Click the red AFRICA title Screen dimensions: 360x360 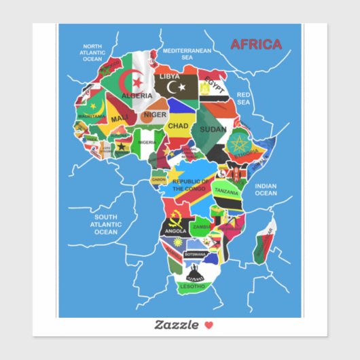click(256, 45)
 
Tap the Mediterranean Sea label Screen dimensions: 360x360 click(187, 54)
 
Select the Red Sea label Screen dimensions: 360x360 click(244, 98)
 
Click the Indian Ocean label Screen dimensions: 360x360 click(266, 189)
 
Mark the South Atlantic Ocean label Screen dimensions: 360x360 click(106, 224)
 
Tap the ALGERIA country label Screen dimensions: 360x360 click(137, 96)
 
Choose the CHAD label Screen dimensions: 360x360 click(178, 126)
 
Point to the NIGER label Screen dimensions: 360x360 click(155, 115)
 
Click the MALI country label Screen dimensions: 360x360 click(120, 118)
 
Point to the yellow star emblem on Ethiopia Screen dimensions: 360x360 click(238, 144)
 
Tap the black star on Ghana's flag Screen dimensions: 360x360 click(123, 145)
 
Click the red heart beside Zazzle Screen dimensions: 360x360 click(209, 325)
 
